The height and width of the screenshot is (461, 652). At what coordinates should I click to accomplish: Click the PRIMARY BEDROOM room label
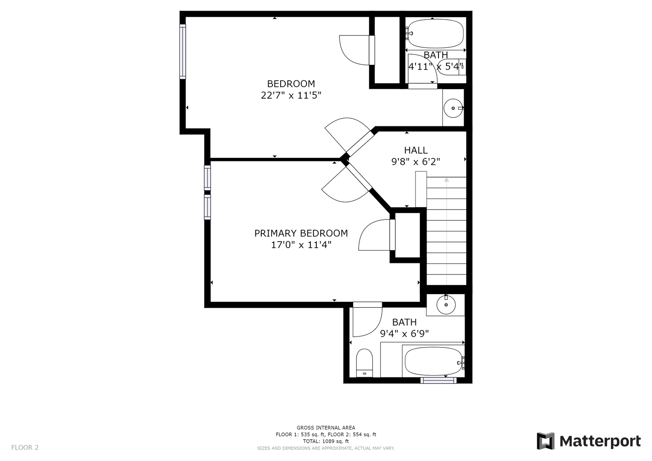[301, 233]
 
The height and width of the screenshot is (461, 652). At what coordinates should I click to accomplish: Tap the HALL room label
[415, 150]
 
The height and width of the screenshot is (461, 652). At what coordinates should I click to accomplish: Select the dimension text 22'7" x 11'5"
[291, 95]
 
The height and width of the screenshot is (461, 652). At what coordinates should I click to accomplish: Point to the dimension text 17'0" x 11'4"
[301, 245]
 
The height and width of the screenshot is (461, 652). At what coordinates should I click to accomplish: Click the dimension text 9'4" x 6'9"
[404, 333]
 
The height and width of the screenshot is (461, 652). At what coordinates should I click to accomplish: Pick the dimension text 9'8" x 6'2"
[415, 161]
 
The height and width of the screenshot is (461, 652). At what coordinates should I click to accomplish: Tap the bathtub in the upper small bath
[436, 33]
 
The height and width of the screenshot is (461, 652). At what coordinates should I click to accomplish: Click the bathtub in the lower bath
[433, 361]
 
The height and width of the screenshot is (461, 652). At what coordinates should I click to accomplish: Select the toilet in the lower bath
[364, 363]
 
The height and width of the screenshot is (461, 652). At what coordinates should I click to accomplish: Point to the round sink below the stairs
[446, 305]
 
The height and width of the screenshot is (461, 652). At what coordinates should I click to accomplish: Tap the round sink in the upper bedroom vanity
[453, 108]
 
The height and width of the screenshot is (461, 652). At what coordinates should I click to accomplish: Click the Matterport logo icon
[546, 441]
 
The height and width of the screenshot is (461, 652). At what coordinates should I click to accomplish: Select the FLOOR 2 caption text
[25, 447]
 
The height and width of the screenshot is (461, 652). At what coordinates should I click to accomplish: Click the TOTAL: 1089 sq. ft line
[326, 441]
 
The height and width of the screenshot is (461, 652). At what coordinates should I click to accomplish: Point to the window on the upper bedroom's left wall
[182, 52]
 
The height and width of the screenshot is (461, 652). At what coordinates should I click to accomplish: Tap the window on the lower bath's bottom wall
[439, 380]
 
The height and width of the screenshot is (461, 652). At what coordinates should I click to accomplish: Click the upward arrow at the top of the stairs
[447, 180]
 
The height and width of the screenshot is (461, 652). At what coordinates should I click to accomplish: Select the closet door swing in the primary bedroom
[374, 235]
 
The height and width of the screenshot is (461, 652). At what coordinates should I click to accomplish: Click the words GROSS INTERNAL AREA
[326, 428]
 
